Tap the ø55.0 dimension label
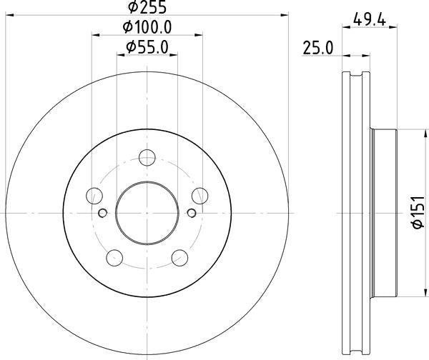(x=147, y=48)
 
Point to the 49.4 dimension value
(x=370, y=19)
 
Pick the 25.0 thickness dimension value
(x=318, y=48)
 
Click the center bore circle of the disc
(x=147, y=212)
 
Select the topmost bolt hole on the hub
(x=147, y=158)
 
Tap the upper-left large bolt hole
(x=94, y=195)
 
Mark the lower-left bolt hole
(x=114, y=257)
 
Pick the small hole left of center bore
(x=102, y=212)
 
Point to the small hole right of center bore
(x=191, y=212)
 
